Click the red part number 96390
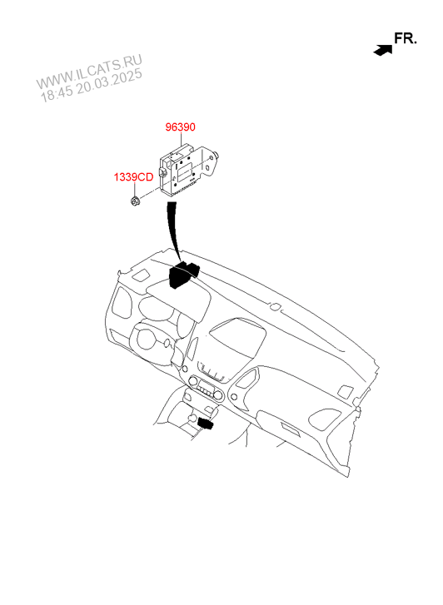click(180, 126)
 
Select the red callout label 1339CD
click(133, 177)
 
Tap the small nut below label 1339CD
click(135, 201)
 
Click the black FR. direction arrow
click(383, 50)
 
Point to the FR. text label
click(406, 38)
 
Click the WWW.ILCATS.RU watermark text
click(89, 72)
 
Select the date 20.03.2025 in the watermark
click(109, 82)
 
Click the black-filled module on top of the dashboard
click(183, 274)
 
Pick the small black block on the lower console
click(206, 424)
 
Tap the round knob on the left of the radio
click(192, 381)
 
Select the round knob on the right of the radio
click(219, 394)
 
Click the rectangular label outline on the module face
click(186, 170)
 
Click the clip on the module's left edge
click(163, 172)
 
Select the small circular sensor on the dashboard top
click(276, 306)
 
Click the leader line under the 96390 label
click(182, 139)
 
